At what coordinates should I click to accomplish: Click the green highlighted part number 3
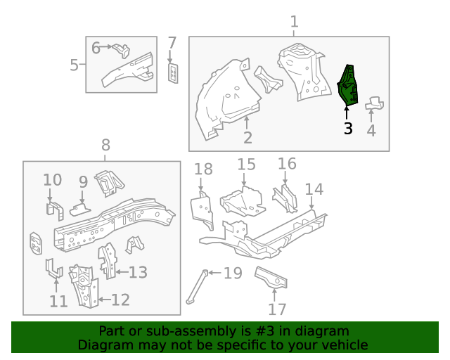[349, 85]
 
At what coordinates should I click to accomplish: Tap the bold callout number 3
[347, 129]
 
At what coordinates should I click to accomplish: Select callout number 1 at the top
[295, 22]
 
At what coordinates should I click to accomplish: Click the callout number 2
[247, 138]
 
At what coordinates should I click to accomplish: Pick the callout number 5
[96, 48]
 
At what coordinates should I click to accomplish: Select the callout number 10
[53, 180]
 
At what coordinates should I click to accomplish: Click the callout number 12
[120, 300]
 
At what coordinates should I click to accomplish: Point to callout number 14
[314, 189]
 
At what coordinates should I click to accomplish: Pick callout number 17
[278, 309]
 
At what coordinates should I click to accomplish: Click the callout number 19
[233, 273]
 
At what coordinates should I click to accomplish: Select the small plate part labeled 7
[173, 72]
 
